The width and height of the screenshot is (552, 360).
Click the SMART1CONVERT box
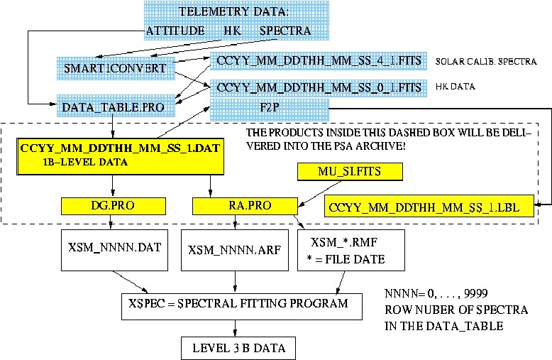click(116, 68)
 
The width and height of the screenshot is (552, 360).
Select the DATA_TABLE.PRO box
click(116, 106)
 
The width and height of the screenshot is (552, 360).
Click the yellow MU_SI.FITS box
click(350, 172)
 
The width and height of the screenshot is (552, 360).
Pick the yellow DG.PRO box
click(114, 206)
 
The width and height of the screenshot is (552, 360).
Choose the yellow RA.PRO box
click(245, 206)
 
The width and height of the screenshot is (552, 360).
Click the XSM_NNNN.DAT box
click(114, 250)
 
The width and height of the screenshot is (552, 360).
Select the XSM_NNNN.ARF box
click(235, 250)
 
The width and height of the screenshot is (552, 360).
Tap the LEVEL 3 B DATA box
click(238, 349)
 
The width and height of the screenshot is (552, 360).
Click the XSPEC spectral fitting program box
click(242, 307)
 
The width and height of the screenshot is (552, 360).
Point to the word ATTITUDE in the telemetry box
click(175, 31)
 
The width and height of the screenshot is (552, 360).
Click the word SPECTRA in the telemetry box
click(285, 31)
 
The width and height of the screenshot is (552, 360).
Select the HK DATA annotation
click(456, 87)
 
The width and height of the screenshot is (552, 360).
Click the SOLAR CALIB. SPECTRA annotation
click(486, 62)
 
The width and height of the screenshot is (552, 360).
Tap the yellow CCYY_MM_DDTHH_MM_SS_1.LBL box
click(429, 206)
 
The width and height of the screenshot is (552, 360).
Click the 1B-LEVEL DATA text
click(85, 162)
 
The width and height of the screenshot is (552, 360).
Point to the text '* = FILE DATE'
click(346, 260)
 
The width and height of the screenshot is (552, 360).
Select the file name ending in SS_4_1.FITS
click(319, 60)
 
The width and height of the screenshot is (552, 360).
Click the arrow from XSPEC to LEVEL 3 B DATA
click(235, 328)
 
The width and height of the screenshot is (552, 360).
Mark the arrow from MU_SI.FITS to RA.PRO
click(319, 193)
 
